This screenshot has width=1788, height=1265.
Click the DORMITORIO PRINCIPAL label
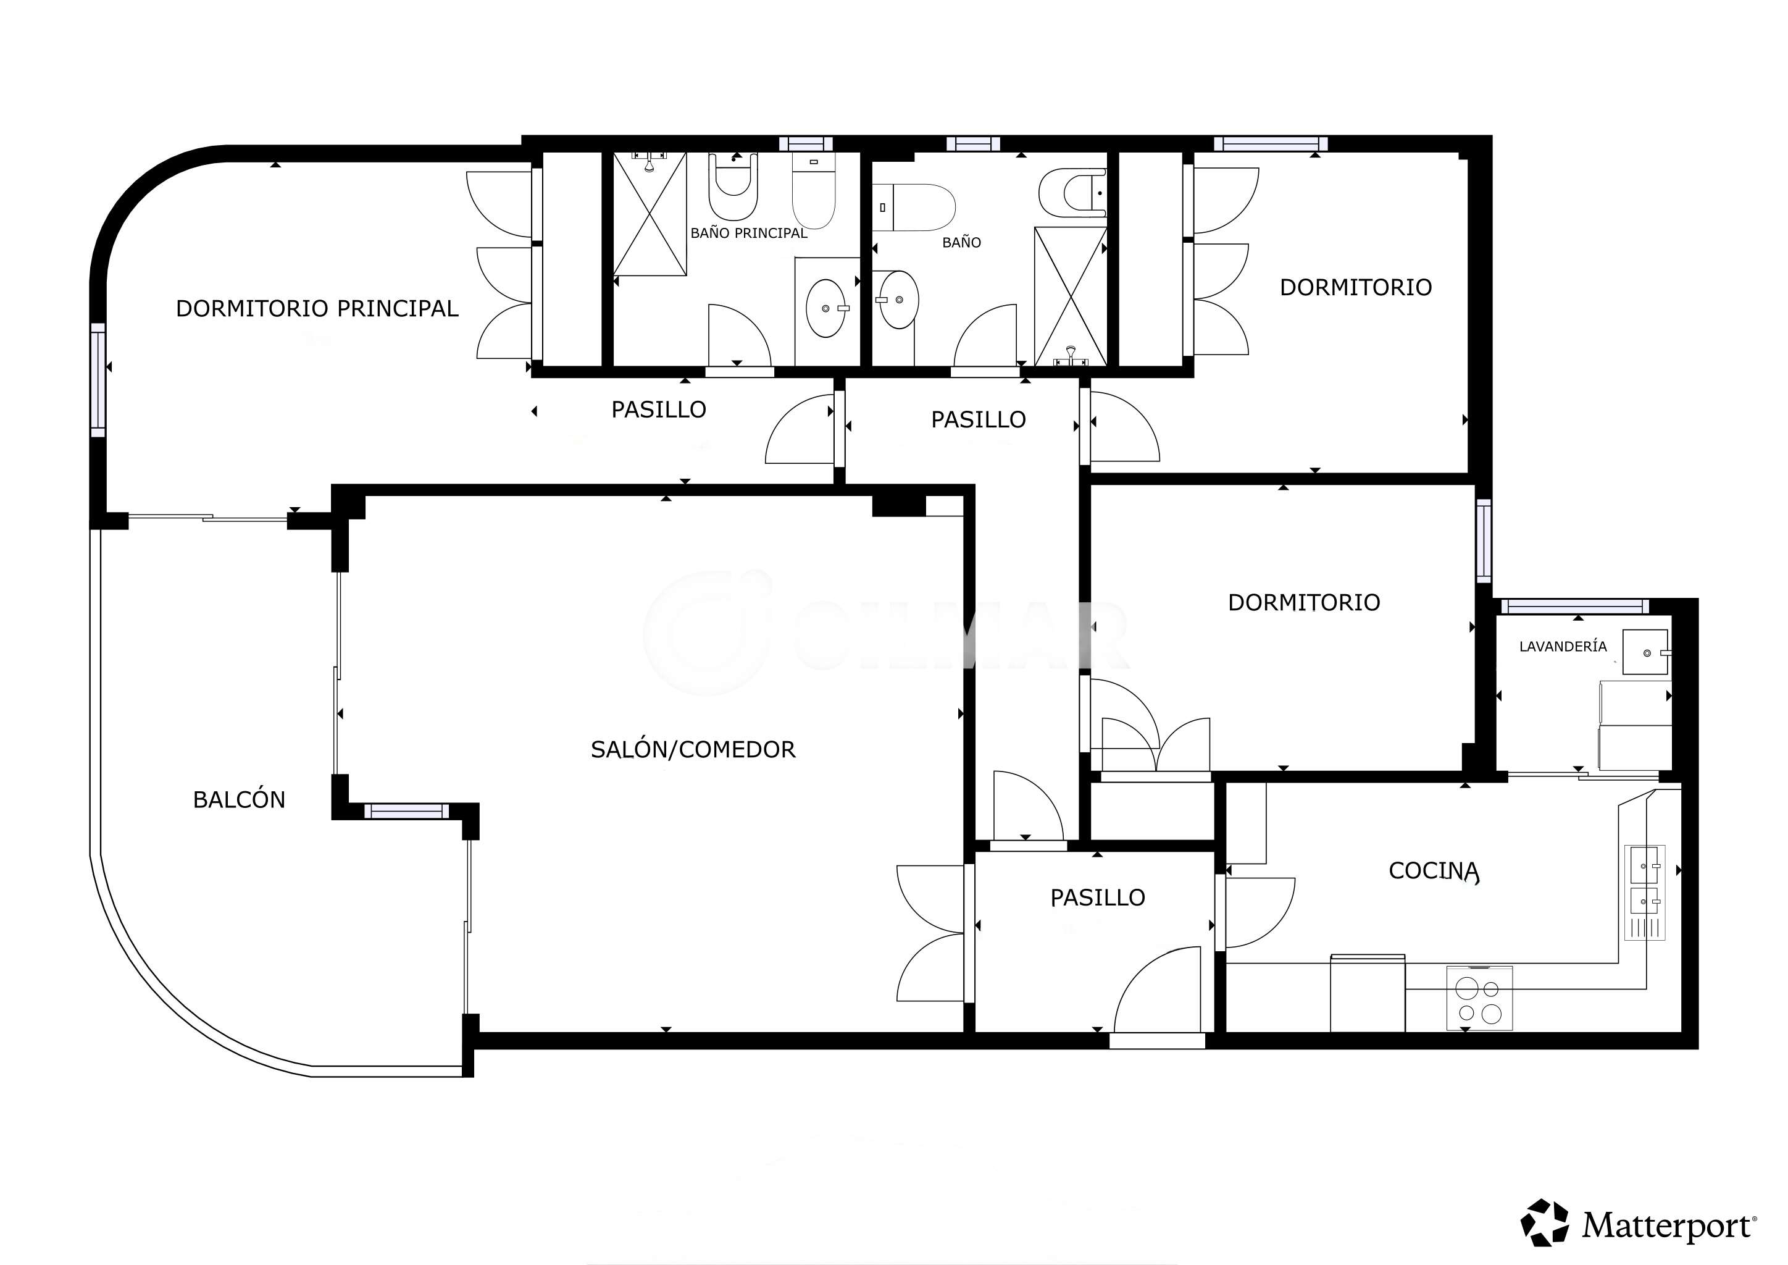click(317, 308)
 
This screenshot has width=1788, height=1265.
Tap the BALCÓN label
click(239, 800)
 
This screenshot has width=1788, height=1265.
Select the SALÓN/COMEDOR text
click(693, 749)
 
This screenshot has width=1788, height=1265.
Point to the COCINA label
click(1434, 871)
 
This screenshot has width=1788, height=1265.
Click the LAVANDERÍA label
click(1563, 645)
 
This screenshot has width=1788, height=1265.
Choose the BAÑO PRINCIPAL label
click(749, 233)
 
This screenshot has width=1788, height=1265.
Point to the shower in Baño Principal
click(650, 214)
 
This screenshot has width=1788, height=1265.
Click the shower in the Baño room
click(1070, 296)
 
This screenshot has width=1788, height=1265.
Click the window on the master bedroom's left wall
click(98, 380)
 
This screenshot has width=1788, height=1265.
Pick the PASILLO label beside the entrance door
click(1097, 898)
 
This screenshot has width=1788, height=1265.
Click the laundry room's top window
click(1574, 606)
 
